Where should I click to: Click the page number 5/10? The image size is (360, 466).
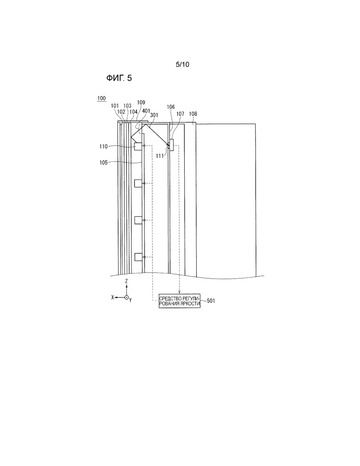click(x=182, y=64)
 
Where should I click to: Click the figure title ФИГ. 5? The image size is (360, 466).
click(x=119, y=78)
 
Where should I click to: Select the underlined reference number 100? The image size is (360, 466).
click(x=102, y=98)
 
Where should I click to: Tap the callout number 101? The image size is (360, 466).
click(x=115, y=106)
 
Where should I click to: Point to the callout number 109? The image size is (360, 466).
click(x=141, y=103)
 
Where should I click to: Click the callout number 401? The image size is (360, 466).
click(x=146, y=111)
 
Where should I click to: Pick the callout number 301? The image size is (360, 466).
click(x=154, y=115)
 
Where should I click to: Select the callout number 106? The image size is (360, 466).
click(x=171, y=107)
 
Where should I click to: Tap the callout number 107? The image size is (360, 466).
click(x=180, y=114)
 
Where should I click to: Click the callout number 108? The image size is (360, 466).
click(x=193, y=114)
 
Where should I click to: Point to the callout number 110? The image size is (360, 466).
click(x=104, y=146)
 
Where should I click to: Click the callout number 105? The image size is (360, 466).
click(x=104, y=163)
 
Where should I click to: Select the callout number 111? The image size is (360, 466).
click(x=160, y=156)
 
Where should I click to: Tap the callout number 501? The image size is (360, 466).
click(x=211, y=301)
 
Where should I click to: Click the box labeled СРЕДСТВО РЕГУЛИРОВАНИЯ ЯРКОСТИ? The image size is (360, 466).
click(x=180, y=301)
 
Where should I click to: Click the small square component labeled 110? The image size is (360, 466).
click(x=138, y=146)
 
